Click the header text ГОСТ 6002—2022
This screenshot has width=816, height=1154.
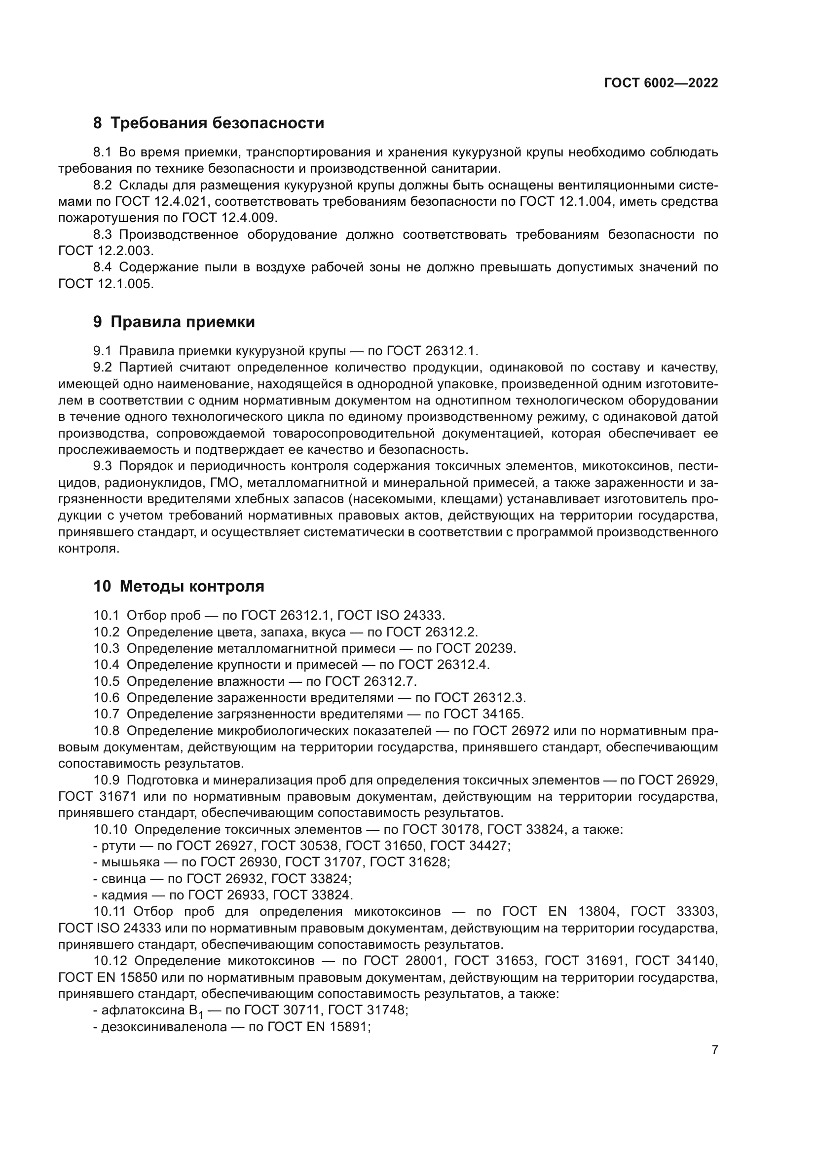click(x=661, y=83)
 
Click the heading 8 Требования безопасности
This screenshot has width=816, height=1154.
click(x=209, y=123)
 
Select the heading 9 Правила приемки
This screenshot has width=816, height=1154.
click(x=174, y=322)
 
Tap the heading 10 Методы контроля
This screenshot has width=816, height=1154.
click(x=179, y=586)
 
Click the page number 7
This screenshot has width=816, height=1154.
click(x=715, y=1049)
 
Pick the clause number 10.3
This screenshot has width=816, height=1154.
click(x=106, y=648)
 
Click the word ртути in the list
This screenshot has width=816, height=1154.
click(x=118, y=846)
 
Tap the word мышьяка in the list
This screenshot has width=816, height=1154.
click(x=130, y=862)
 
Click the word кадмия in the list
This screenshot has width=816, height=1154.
click(x=124, y=895)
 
